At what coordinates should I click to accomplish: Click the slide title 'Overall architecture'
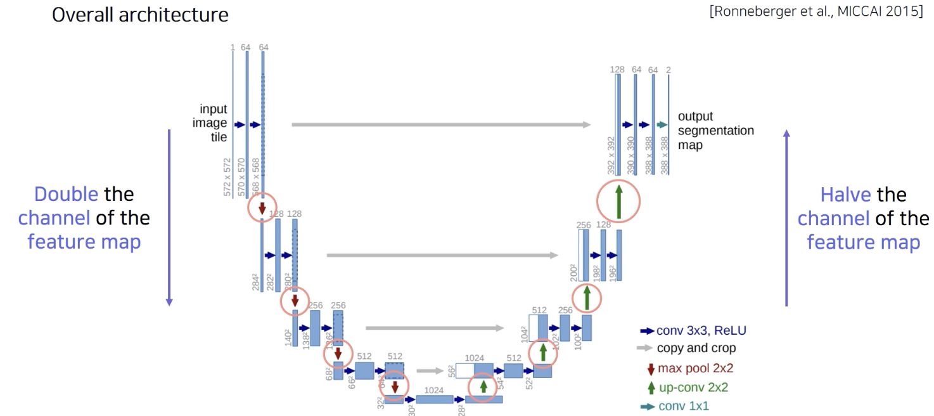click(x=140, y=15)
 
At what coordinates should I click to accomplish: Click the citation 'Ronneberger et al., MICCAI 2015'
click(x=817, y=15)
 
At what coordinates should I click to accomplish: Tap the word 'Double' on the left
click(x=65, y=193)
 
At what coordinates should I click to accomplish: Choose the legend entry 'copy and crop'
click(x=696, y=348)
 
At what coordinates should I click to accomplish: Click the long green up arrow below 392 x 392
click(x=618, y=201)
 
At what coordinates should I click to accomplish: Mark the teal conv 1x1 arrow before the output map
click(x=662, y=125)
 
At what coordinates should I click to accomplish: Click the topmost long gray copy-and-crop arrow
click(x=441, y=125)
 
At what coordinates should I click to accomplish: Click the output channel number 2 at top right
click(x=668, y=69)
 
